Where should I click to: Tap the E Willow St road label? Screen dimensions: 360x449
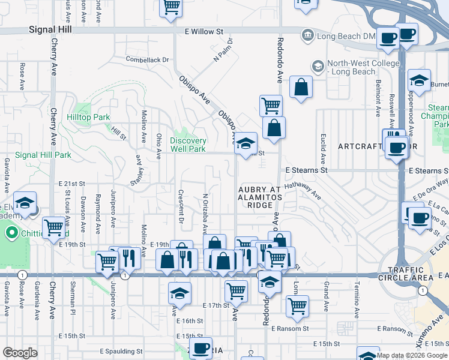(x=203, y=31)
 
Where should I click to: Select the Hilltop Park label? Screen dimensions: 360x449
(x=88, y=117)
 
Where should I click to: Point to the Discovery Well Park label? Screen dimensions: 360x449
(x=188, y=145)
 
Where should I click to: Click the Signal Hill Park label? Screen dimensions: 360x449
(x=43, y=155)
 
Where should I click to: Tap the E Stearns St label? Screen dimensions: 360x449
(x=306, y=170)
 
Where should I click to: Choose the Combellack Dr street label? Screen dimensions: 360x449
(x=148, y=59)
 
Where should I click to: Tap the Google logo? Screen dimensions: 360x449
(x=20, y=353)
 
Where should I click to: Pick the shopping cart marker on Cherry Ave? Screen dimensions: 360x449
(x=54, y=227)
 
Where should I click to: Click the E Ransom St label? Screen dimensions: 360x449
(x=289, y=329)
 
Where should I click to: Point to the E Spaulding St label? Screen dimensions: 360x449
(x=121, y=351)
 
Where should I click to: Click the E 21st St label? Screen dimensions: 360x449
(x=72, y=183)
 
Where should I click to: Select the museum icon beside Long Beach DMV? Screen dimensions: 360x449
(x=308, y=35)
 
